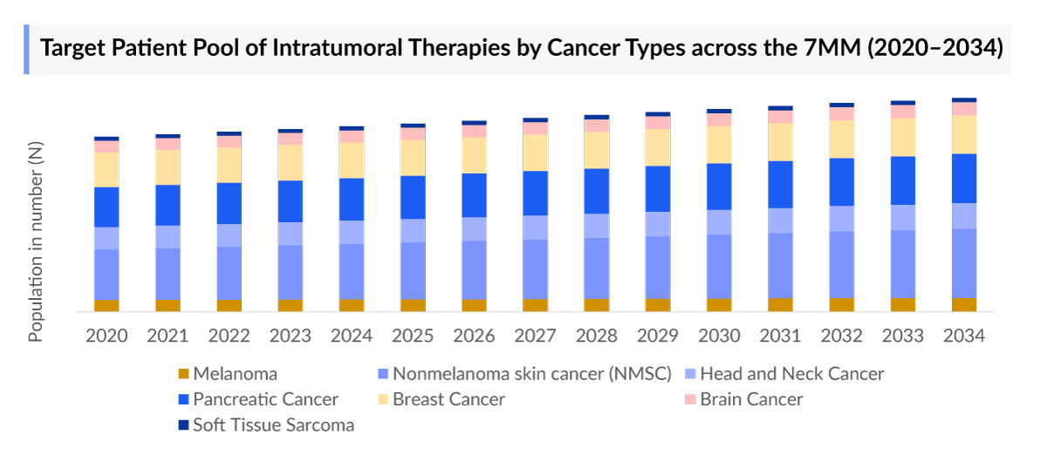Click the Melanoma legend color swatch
click(x=183, y=374)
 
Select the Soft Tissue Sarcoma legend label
click(x=273, y=425)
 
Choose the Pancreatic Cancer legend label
click(x=265, y=399)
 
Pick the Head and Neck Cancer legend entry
click(x=791, y=374)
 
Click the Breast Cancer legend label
click(x=448, y=399)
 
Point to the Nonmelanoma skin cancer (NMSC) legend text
click(x=531, y=374)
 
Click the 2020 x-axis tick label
click(x=106, y=336)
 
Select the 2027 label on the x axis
click(x=535, y=336)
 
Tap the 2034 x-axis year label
click(x=963, y=336)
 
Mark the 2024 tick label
click(x=352, y=336)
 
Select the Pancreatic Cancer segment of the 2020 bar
click(x=106, y=207)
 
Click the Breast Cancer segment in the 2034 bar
click(x=963, y=134)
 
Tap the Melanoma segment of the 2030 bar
click(x=719, y=304)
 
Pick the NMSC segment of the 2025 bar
click(x=413, y=270)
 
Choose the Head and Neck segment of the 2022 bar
click(x=229, y=235)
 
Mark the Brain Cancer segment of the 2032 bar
click(x=841, y=113)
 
